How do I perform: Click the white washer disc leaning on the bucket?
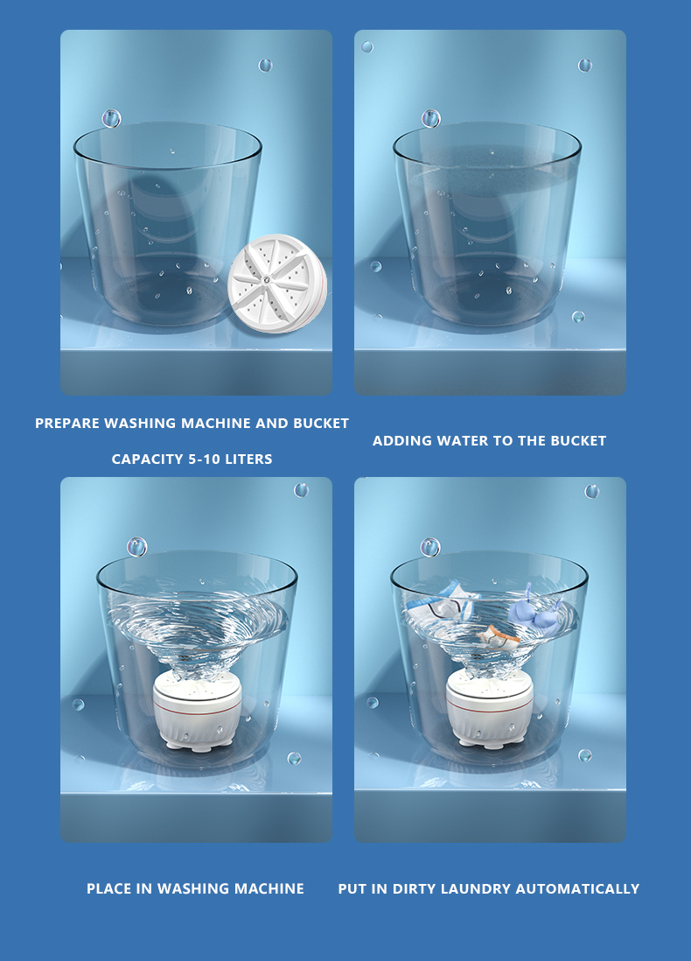[x=277, y=284]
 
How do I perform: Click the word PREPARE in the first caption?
[x=67, y=424]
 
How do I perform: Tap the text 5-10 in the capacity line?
[x=206, y=459]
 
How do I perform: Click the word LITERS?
[x=249, y=459]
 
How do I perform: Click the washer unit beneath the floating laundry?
[x=490, y=708]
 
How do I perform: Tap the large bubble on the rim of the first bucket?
[x=111, y=118]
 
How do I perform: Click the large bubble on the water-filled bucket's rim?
[x=430, y=118]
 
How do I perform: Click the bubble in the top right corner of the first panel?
[x=265, y=65]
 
